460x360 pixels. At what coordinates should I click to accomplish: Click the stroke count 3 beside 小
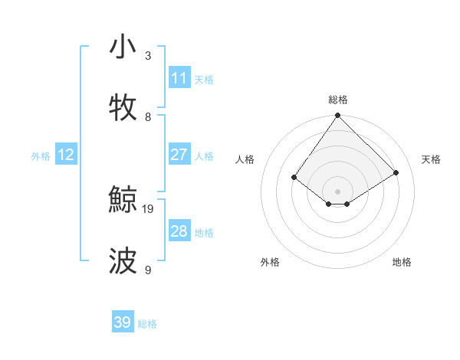click(x=148, y=56)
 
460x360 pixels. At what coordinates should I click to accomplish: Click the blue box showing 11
click(x=179, y=78)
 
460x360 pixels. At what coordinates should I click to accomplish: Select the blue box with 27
click(x=179, y=155)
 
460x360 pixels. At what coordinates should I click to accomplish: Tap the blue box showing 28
click(x=179, y=231)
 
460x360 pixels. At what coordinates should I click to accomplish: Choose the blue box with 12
click(x=66, y=155)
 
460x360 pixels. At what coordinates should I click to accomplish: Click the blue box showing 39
click(x=122, y=322)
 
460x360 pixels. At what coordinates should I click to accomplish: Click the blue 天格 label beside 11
click(x=204, y=79)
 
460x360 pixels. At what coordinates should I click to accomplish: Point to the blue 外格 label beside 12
click(x=41, y=155)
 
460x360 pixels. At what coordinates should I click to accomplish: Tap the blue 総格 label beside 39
click(x=147, y=323)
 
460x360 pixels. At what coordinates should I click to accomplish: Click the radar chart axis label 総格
click(x=337, y=100)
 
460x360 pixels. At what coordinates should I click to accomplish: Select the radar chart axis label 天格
click(x=431, y=159)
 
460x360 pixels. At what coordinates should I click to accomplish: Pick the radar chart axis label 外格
click(x=270, y=262)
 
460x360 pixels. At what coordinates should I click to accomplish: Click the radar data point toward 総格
click(x=337, y=116)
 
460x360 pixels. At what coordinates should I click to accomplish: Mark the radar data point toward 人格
click(x=294, y=177)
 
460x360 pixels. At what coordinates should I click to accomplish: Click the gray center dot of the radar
click(x=337, y=191)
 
